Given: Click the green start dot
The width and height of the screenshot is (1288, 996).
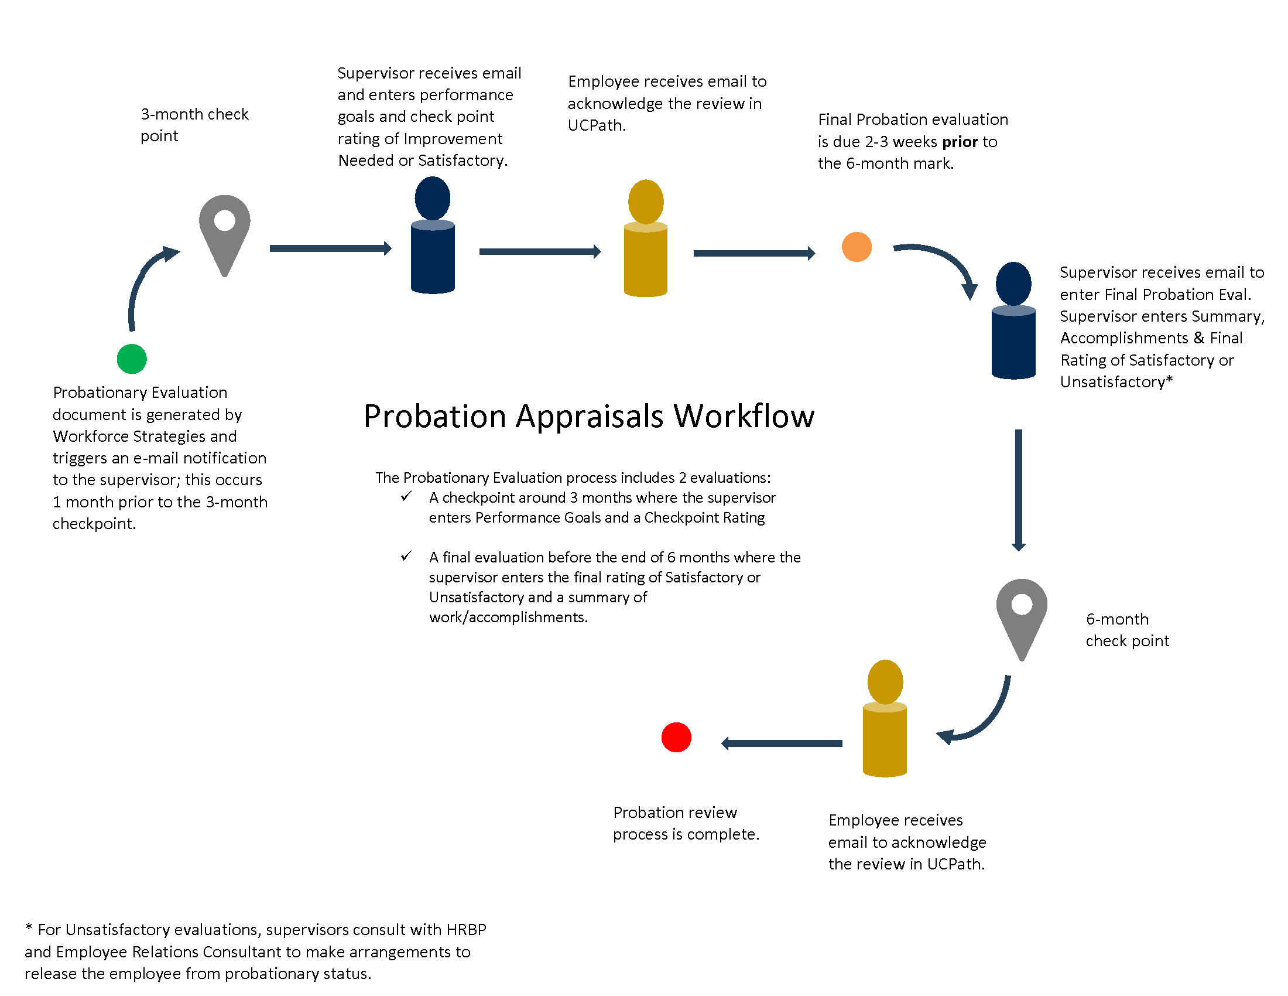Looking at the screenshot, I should point(132,359).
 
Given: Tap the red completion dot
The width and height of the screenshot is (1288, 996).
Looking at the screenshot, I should point(676,737).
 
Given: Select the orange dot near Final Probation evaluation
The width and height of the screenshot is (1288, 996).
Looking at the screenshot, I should point(857,247).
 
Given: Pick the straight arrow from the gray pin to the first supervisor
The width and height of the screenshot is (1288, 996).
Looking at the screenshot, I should point(330,248).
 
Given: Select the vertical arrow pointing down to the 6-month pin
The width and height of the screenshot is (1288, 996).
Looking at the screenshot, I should point(1019,490).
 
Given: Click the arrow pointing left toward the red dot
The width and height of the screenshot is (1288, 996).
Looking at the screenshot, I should point(782,743).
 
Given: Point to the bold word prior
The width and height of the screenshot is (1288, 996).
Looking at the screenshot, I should point(960,142).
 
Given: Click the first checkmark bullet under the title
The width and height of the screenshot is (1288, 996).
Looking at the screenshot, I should point(406,496).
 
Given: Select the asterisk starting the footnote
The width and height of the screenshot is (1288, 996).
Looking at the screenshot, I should point(28,928).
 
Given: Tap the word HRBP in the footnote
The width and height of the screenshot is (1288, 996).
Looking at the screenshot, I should point(466,929).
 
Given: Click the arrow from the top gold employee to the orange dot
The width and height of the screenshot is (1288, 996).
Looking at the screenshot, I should point(754,253).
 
